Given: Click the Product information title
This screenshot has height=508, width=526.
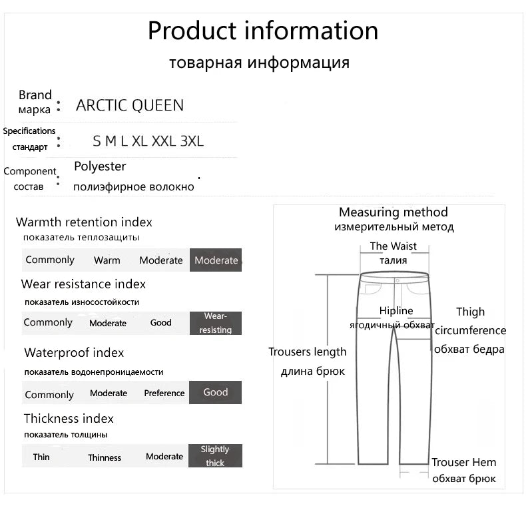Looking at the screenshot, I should click(262, 31).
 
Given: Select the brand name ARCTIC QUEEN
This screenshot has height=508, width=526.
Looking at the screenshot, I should click(130, 105).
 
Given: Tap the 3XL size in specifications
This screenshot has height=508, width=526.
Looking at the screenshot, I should click(192, 141).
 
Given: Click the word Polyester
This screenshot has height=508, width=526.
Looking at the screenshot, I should click(100, 166).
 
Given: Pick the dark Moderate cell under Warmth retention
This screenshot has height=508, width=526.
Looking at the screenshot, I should click(216, 260).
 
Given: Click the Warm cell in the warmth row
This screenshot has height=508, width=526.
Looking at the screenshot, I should click(107, 260).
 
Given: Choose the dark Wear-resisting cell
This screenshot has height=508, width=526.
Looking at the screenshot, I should click(215, 323).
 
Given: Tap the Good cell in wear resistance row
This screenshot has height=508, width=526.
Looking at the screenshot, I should click(161, 323).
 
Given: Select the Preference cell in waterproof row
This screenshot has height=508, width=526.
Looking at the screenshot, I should click(164, 393).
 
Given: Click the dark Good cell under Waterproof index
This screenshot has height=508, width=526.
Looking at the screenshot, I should click(215, 393).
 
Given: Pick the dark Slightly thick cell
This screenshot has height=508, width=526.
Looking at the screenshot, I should click(215, 456).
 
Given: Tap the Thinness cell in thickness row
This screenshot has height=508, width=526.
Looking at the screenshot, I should click(105, 457).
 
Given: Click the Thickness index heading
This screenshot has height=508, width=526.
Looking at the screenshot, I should click(69, 419).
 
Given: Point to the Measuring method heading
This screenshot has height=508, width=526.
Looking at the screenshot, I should click(394, 212).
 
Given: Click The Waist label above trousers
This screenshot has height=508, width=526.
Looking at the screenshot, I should click(394, 246).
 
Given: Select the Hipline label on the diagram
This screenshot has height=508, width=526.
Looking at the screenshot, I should click(396, 311).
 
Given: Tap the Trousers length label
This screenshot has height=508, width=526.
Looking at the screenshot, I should click(308, 352).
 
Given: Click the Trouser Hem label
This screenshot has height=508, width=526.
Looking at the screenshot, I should click(463, 463).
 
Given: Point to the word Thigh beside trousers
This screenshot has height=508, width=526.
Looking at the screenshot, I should click(470, 312).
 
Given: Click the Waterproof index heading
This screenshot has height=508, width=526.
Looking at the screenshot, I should click(74, 353).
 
